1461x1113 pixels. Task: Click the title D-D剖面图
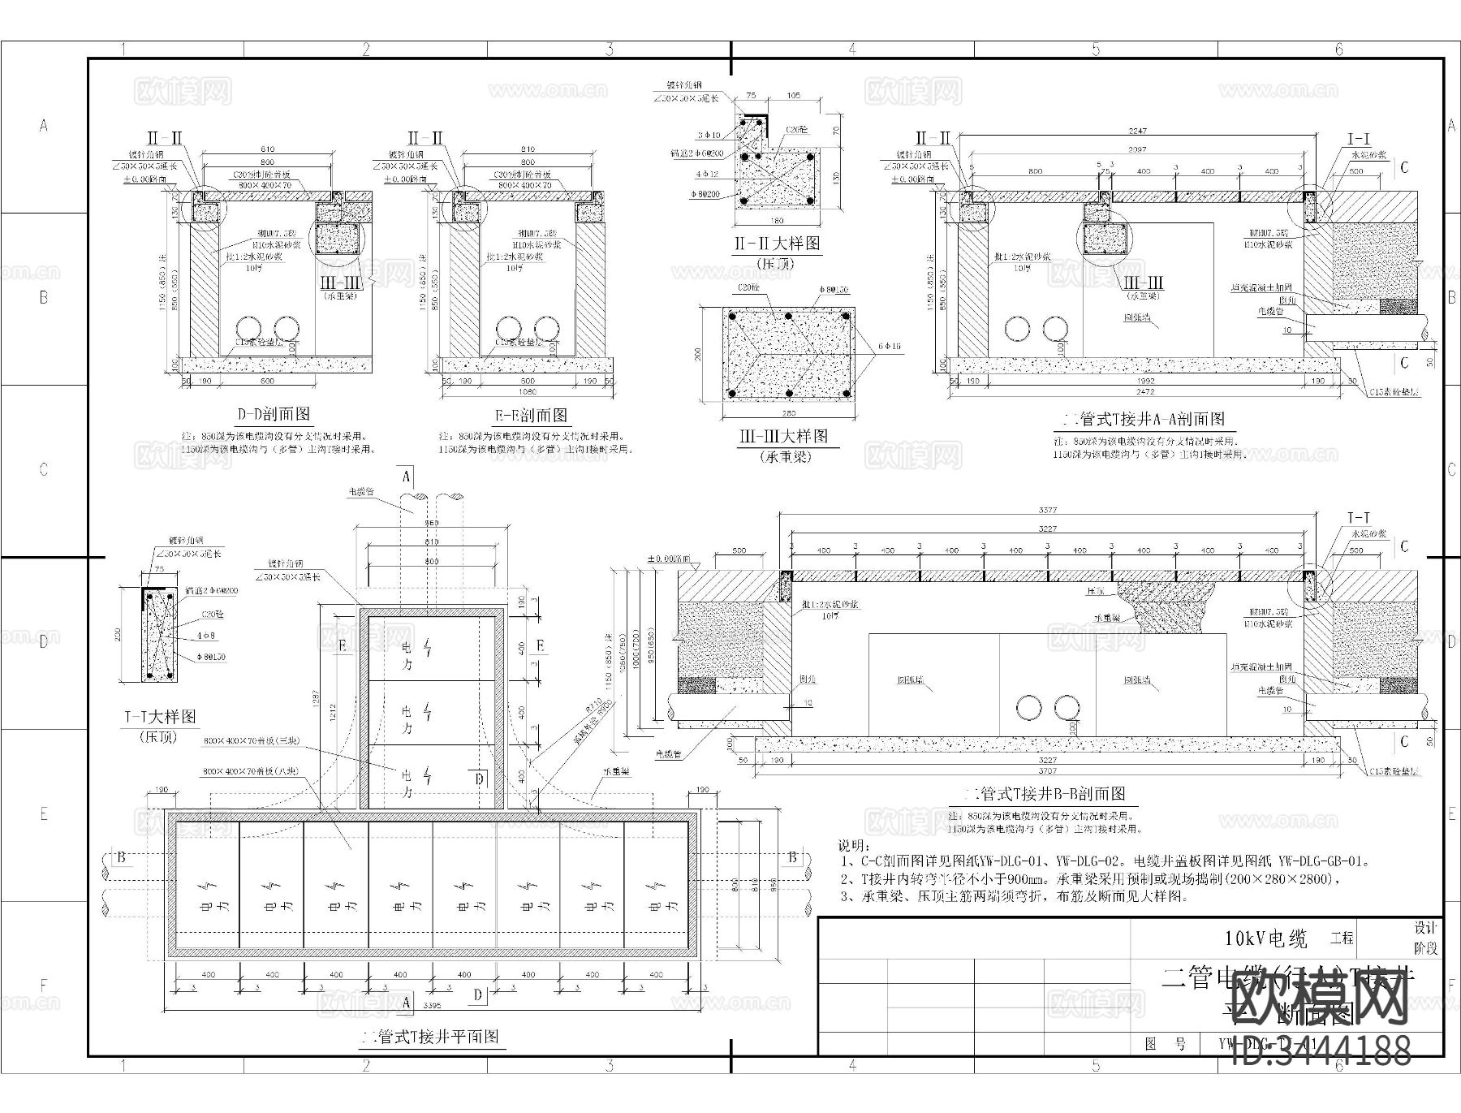click(274, 415)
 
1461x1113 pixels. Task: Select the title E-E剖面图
click(532, 416)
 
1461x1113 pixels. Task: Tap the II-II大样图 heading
click(777, 243)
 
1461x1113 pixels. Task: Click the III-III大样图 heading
click(783, 436)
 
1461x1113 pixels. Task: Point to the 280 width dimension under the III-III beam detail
click(787, 412)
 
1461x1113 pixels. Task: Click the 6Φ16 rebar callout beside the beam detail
click(889, 346)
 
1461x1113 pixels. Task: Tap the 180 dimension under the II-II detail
click(778, 221)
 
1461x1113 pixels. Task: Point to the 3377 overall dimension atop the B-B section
click(1048, 510)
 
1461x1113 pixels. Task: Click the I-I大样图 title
click(160, 717)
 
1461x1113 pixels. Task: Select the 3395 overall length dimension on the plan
click(433, 1005)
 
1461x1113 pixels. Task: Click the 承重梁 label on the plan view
click(615, 772)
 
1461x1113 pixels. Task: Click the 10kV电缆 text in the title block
click(1266, 939)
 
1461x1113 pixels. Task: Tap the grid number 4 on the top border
click(851, 50)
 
